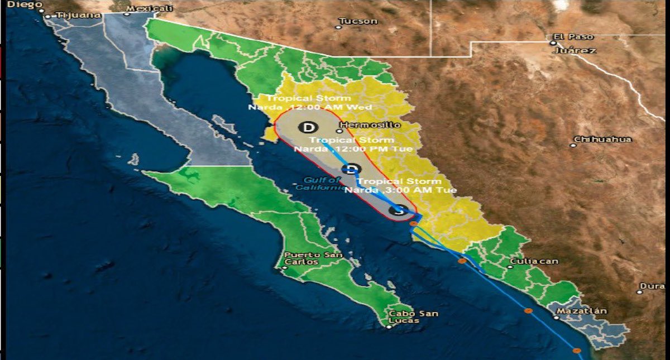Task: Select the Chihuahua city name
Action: click(602, 139)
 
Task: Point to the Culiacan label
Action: click(533, 261)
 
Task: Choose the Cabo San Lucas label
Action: click(413, 317)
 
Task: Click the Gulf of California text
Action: click(323, 184)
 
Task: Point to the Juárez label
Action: click(575, 50)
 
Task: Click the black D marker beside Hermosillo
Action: click(306, 127)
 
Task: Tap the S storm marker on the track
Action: click(398, 210)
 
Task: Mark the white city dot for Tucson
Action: click(338, 26)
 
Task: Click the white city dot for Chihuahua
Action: click(573, 145)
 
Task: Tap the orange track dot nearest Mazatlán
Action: click(528, 311)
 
